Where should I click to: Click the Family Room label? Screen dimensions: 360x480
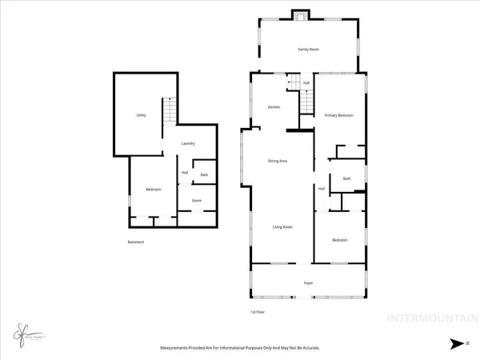coord(309,50)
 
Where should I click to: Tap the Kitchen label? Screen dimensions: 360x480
coord(274,107)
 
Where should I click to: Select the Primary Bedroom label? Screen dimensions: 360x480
coord(338,116)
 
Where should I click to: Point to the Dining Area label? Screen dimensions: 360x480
coord(278,162)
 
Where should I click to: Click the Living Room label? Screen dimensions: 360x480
coord(282,227)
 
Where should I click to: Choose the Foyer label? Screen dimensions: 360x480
coord(307,283)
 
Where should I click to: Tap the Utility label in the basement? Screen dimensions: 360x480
coord(141,116)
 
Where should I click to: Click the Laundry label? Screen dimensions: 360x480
coord(188,144)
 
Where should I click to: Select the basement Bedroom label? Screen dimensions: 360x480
coord(154,190)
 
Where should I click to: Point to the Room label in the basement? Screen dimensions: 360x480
coord(196,201)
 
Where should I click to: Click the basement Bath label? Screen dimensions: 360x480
coord(204,175)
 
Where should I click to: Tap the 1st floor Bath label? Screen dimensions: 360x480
coord(346,179)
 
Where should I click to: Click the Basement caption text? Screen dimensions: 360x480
coord(136,242)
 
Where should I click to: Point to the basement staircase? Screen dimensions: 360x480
coord(169,110)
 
